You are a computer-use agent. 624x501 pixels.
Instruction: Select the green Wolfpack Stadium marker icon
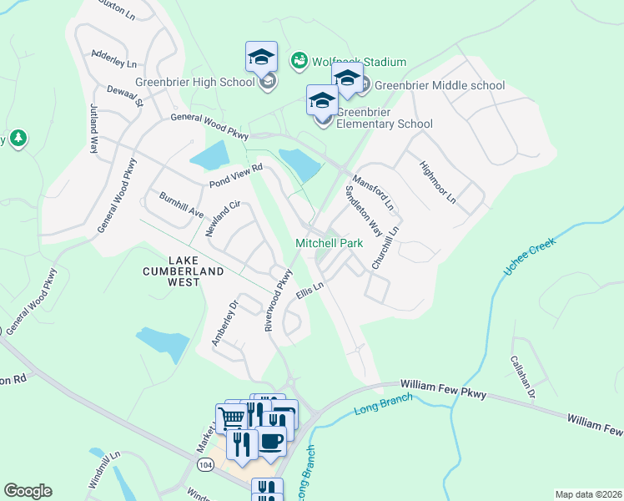pyautogui.click(x=298, y=60)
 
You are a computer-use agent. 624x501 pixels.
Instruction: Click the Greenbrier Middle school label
pyautogui.click(x=440, y=85)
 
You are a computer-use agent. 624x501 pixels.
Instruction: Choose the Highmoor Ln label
pyautogui.click(x=439, y=182)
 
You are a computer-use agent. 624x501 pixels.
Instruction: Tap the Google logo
pyautogui.click(x=28, y=491)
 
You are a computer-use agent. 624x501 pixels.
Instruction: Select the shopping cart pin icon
pyautogui.click(x=230, y=417)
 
